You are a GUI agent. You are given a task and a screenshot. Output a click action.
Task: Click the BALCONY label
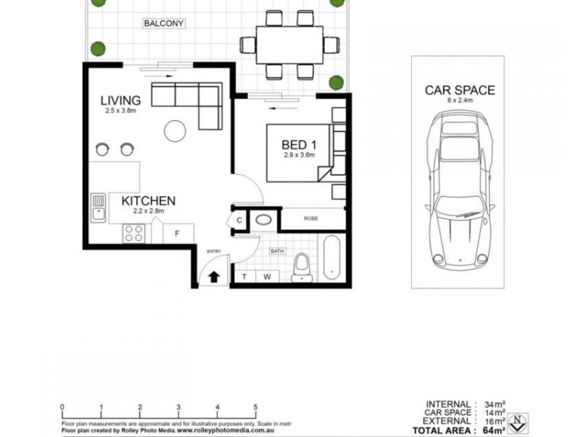coord(164,23)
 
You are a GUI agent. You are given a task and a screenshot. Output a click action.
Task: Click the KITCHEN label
coord(148,200)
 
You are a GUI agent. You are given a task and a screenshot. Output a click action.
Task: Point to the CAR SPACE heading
coord(460,90)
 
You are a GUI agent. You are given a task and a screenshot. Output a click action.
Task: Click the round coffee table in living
coord(175,131)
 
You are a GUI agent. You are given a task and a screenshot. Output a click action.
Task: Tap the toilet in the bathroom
coord(300,267)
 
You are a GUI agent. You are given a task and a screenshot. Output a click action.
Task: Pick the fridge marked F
coord(177,233)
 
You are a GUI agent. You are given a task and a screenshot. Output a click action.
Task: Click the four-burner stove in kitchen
coord(133,233)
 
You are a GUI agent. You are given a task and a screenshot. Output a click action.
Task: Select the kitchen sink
coord(98,208)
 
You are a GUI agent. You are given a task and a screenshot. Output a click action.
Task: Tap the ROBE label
coord(310,216)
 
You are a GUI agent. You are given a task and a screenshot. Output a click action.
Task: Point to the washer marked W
coord(267,276)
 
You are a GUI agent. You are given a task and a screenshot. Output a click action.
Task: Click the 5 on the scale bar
coord(255,406)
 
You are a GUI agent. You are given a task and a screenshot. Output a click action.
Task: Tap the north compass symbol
coord(518,421)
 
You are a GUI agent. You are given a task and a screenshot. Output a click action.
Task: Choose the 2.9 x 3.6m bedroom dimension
coord(299,155)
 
